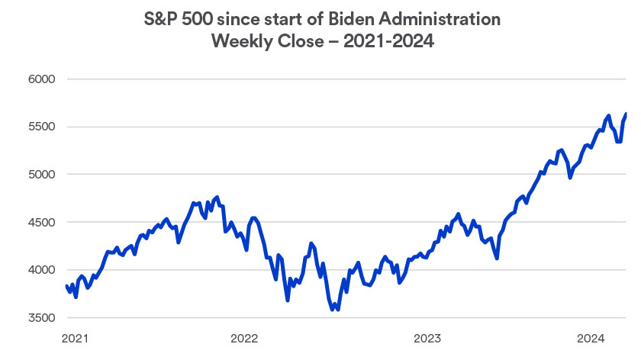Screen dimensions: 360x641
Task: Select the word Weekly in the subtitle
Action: (243, 43)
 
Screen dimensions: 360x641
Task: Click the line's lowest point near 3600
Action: (332, 310)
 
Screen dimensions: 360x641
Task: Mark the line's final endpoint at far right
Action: (627, 114)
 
